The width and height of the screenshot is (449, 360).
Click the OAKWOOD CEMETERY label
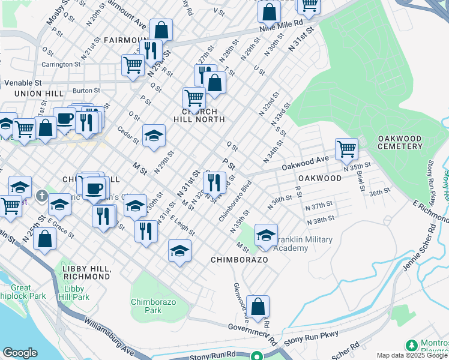[x=400, y=142]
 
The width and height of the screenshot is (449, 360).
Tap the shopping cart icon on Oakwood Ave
[x=346, y=148]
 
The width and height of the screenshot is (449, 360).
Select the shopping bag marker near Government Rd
[x=258, y=307]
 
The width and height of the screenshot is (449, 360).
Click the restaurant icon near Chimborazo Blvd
[x=214, y=182]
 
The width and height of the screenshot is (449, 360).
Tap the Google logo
[x=20, y=353]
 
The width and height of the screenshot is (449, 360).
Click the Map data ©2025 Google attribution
[x=411, y=355]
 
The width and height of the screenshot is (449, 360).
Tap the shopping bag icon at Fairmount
[x=161, y=29]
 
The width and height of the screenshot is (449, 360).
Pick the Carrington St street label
[x=61, y=64]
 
